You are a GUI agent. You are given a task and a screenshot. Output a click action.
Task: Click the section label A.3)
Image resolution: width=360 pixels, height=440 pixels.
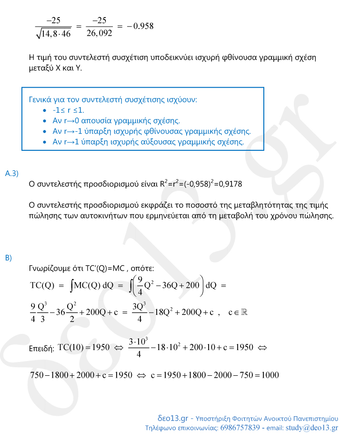pos(11,174)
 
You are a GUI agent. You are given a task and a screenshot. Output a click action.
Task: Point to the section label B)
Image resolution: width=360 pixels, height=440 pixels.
pos(8,258)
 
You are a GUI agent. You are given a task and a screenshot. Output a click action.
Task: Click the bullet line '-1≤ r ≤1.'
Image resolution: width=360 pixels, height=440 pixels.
pos(69,110)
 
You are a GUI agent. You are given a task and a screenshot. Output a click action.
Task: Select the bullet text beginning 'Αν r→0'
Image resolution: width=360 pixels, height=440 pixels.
pos(116,120)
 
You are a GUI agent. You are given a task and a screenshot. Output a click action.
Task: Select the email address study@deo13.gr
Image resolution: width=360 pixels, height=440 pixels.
pos(312,428)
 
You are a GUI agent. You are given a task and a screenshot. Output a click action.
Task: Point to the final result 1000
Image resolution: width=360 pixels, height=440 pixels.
pos(270,375)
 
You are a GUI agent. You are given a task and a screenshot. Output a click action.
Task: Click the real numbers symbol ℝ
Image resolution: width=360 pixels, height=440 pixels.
pos(244,313)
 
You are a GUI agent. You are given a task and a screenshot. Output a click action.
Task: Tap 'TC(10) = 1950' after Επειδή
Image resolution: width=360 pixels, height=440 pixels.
pos(83,347)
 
